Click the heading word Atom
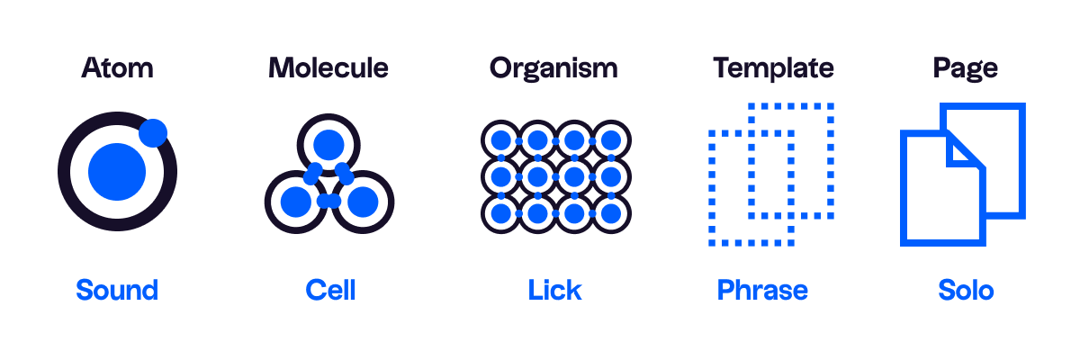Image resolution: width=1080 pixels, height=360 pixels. click(117, 68)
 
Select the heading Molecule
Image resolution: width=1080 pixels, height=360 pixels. click(328, 68)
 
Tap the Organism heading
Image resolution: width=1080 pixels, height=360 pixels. click(553, 69)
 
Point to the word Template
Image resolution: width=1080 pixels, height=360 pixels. click(773, 69)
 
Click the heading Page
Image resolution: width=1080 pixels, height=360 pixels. click(965, 69)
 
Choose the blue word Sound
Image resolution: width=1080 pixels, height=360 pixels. click(117, 290)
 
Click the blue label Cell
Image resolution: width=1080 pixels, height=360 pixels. click(331, 290)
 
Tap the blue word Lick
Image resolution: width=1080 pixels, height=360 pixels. click(555, 290)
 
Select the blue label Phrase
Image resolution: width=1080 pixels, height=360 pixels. click(762, 290)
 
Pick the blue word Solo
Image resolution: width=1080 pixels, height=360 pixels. click(966, 290)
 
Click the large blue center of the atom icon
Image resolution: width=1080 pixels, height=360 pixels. click(117, 172)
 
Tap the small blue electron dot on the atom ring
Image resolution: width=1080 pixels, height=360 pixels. click(153, 132)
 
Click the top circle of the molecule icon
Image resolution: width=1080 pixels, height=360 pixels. click(328, 145)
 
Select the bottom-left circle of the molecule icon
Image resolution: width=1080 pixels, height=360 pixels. click(296, 202)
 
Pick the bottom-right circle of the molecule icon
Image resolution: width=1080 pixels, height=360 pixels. click(363, 202)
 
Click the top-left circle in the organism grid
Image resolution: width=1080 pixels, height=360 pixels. click(501, 140)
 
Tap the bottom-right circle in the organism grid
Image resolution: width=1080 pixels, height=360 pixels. click(611, 213)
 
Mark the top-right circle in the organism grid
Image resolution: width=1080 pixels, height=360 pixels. click(611, 140)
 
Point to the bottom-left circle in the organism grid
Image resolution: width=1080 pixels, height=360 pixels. click(501, 213)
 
